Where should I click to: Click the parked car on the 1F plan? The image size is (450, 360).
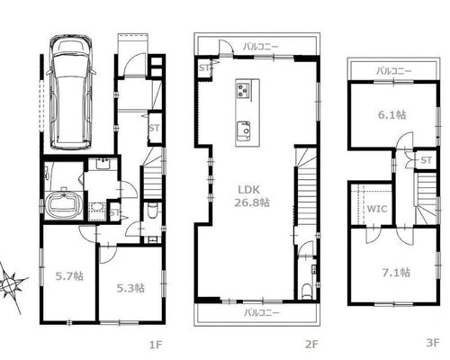(71, 93)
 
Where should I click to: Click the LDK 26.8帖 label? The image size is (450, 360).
(251, 196)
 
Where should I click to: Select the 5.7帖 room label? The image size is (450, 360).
(69, 276)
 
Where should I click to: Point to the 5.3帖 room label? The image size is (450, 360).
(130, 288)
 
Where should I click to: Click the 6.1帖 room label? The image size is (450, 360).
(391, 114)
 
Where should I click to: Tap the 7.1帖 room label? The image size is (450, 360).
(396, 273)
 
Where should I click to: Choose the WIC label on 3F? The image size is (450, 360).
(377, 209)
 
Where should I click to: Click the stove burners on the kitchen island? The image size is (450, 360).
(243, 90)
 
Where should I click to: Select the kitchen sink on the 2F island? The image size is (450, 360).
(244, 130)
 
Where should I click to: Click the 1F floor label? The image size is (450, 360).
(156, 345)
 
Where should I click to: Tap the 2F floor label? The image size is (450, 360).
(311, 344)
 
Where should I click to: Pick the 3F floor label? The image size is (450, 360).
(433, 343)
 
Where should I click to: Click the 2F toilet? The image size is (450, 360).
(306, 292)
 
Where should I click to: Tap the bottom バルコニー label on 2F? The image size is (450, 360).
(262, 313)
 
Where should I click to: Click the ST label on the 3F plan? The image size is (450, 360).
(426, 160)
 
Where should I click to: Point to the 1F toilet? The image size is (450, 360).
(152, 211)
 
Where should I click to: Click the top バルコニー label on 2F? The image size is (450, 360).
(261, 47)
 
